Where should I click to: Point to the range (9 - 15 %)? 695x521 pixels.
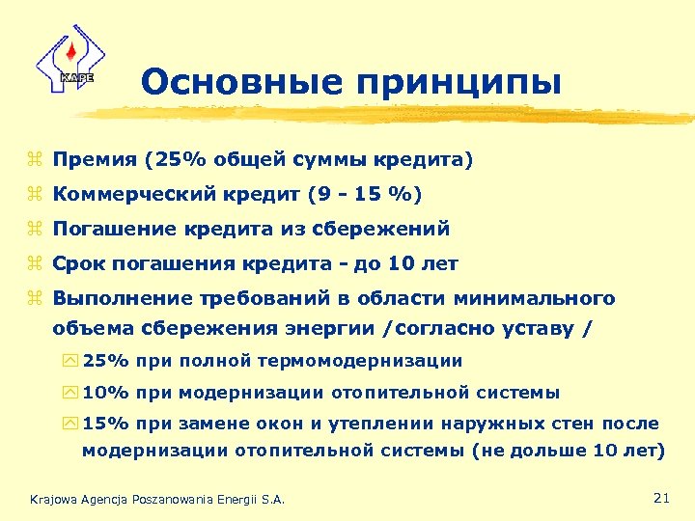[x=365, y=195]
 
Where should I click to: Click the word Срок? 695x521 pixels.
[x=79, y=263]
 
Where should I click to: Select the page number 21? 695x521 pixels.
[x=661, y=498]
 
